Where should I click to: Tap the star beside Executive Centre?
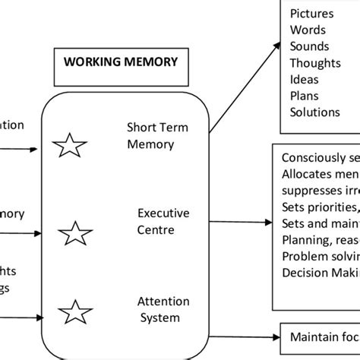point(74,233)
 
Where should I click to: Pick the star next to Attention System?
point(71,312)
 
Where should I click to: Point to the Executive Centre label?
point(163,221)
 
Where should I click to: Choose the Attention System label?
point(163,310)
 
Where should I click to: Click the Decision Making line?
point(320,272)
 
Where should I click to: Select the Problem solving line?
point(320,256)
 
